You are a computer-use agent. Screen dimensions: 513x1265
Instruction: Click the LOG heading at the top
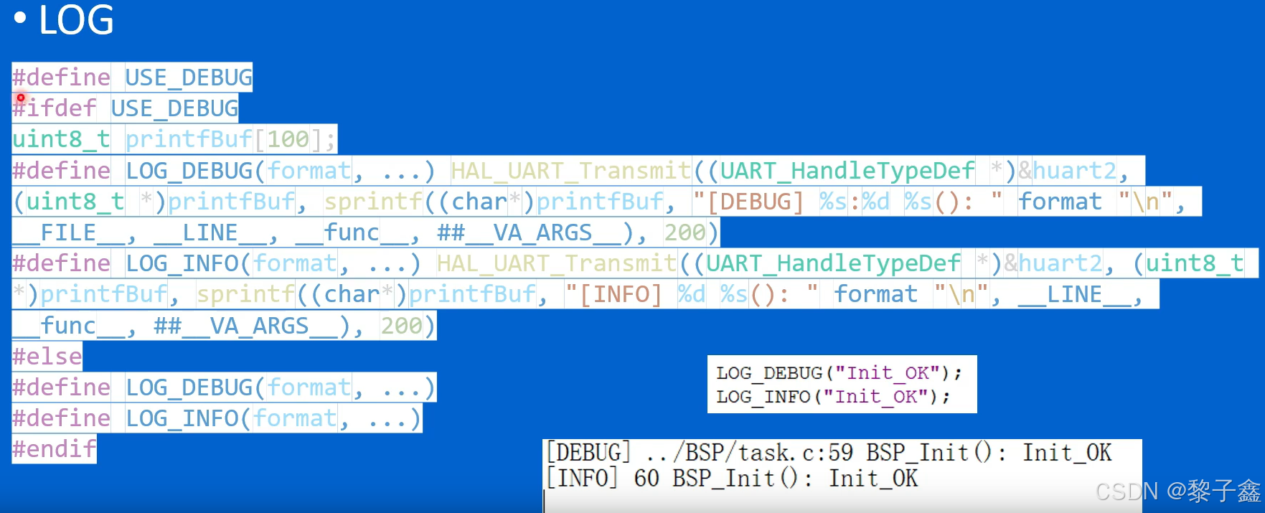pos(76,20)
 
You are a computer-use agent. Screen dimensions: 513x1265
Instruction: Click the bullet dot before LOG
pos(20,19)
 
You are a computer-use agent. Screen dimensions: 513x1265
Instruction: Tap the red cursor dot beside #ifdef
pos(21,98)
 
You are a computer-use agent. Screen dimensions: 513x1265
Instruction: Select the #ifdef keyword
pos(55,108)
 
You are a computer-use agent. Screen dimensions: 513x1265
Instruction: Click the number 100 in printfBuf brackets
pos(288,139)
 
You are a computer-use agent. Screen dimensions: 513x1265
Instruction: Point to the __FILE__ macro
pos(67,232)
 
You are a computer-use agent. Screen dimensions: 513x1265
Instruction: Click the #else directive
pos(47,357)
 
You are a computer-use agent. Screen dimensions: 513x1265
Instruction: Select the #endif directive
pos(55,449)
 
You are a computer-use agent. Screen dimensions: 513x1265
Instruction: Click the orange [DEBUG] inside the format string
pos(755,202)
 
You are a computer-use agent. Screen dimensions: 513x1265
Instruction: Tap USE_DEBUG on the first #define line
pos(189,77)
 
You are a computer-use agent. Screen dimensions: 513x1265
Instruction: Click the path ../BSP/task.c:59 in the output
pos(749,453)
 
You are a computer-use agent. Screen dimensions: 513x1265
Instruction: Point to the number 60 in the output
pos(646,479)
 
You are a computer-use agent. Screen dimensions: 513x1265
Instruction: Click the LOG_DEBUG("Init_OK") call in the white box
pos(838,373)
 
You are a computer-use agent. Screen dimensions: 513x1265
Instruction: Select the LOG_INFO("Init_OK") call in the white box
pos(832,397)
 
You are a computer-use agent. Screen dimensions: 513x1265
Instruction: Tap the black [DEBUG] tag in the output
pos(588,453)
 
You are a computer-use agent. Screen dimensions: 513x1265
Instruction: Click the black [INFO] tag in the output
pos(582,479)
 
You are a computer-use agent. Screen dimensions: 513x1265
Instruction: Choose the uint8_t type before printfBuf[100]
pos(62,139)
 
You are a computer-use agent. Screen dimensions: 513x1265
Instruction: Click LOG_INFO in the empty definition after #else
pos(182,418)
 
